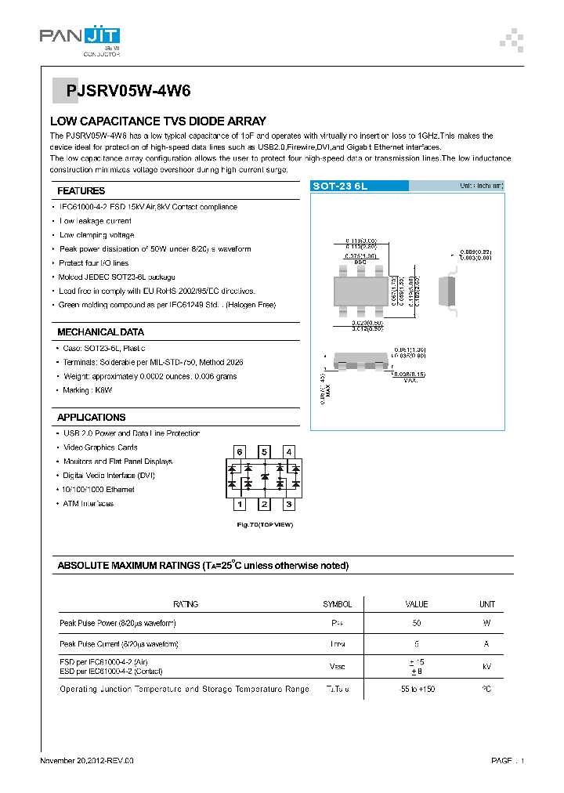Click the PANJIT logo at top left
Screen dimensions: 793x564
79,37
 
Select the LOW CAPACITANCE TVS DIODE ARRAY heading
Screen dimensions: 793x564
157,121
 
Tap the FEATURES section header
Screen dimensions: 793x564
81,190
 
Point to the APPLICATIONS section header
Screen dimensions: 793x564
91,418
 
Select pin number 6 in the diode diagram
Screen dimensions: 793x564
240,452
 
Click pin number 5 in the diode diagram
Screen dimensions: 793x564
265,452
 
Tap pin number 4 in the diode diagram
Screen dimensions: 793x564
289,452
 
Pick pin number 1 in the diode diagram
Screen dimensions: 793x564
240,505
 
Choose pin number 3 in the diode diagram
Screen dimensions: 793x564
289,505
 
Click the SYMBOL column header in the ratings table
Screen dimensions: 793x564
338,604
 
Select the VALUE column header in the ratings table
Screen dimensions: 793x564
416,604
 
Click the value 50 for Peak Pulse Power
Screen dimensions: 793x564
416,623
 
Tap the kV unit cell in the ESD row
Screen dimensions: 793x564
486,666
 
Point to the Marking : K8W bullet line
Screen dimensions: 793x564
88,390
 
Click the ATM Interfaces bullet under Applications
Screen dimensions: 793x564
88,504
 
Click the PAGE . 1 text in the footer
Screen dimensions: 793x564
508,761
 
